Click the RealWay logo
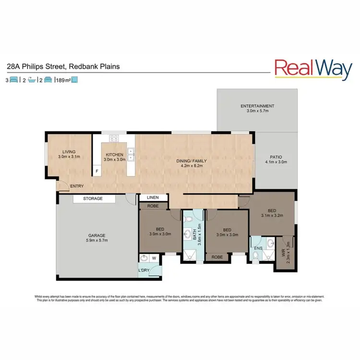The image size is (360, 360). (313, 69)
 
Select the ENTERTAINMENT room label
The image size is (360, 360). (257, 106)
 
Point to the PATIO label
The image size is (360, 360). (276, 156)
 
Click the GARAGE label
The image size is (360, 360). (96, 235)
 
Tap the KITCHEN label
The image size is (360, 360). (115, 155)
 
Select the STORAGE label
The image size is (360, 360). (93, 198)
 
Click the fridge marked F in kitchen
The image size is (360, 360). (96, 171)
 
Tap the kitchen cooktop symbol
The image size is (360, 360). (114, 139)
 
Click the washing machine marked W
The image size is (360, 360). (154, 258)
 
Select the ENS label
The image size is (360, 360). (258, 248)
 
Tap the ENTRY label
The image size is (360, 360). (76, 186)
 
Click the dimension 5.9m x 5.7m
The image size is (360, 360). (96, 241)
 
